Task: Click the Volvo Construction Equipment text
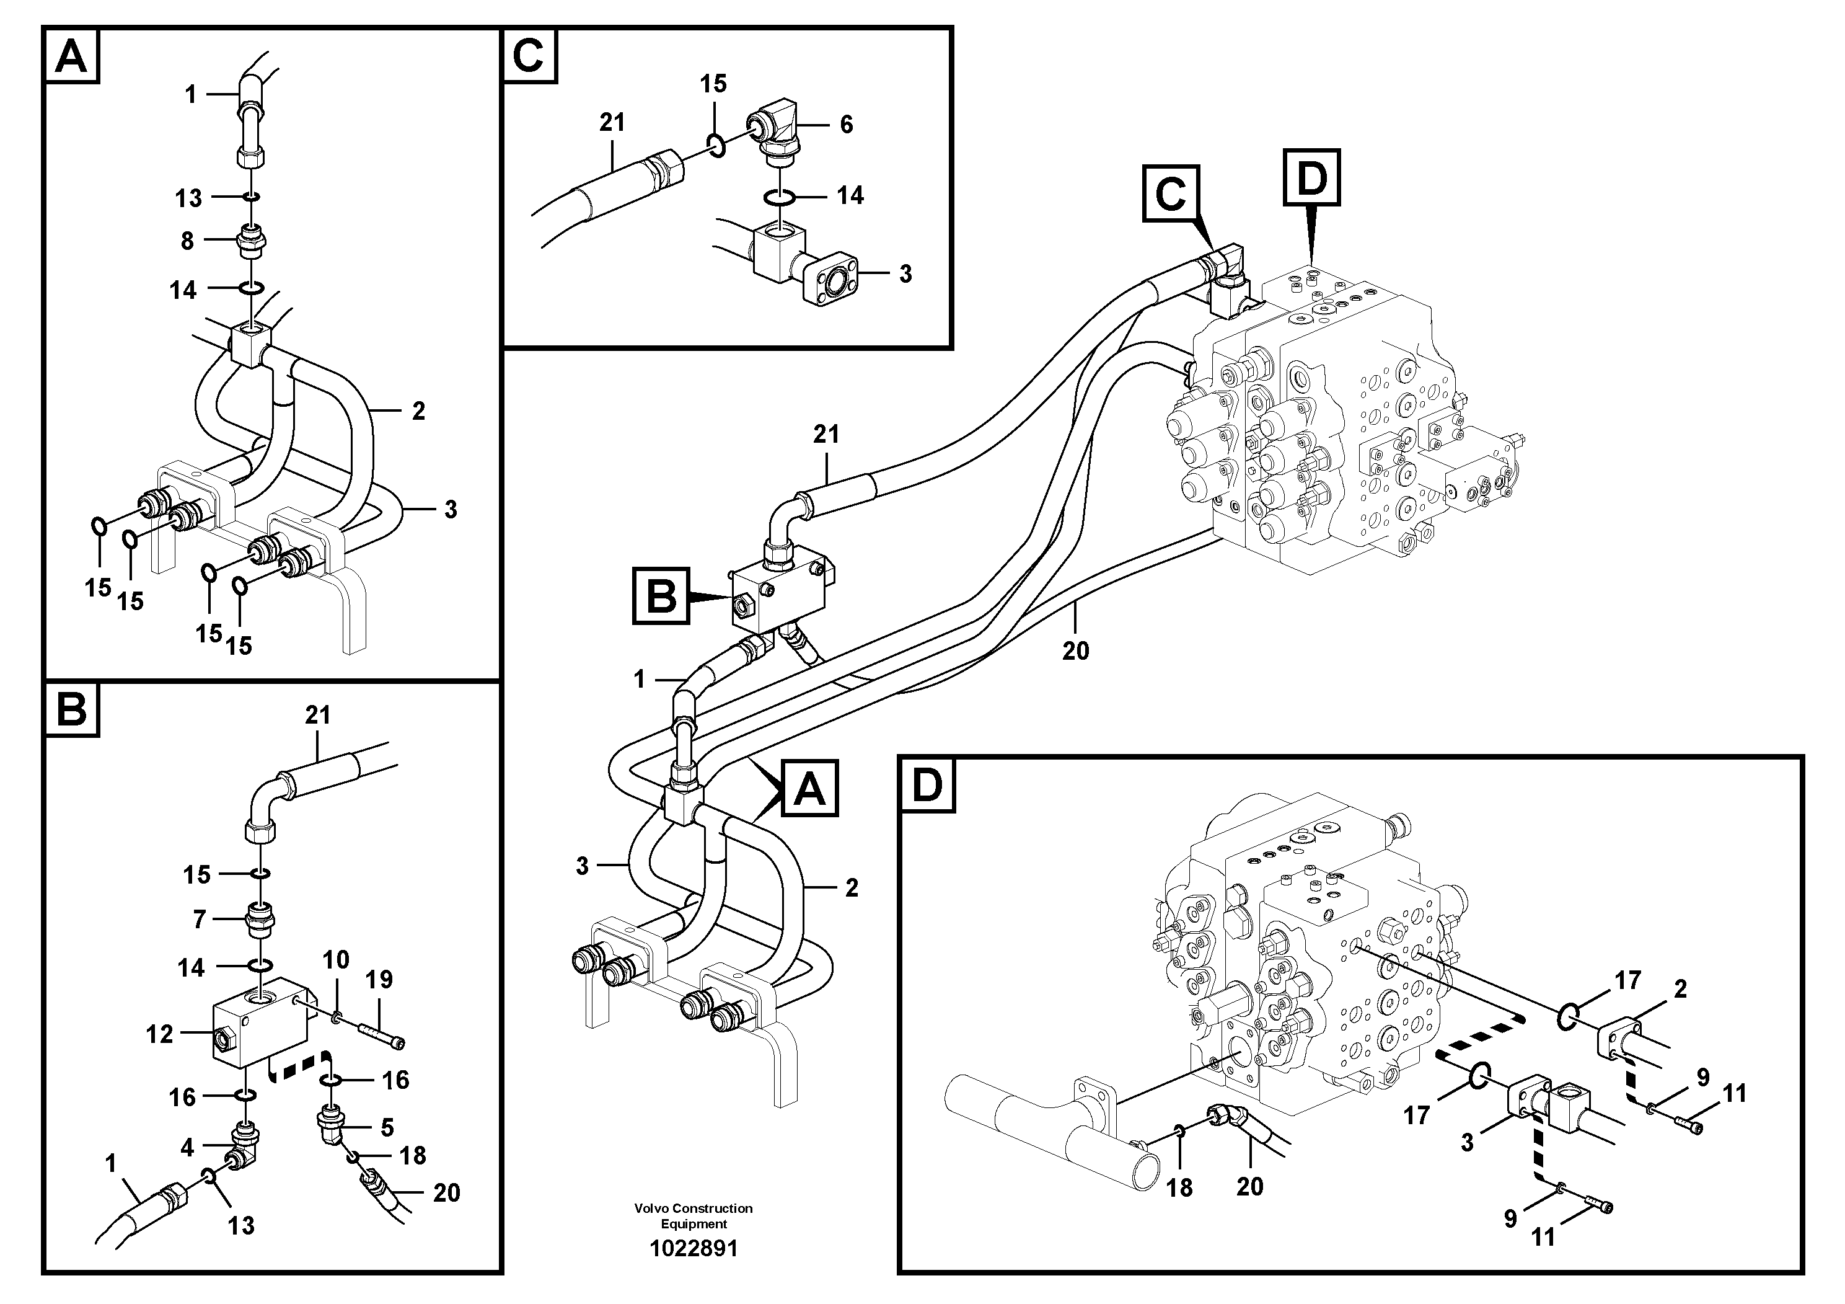[694, 1215]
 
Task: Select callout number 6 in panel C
[846, 124]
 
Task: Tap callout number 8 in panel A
[187, 241]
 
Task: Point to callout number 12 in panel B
[159, 1034]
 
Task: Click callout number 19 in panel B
[379, 979]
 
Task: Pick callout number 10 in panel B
[336, 959]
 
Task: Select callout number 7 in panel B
[200, 920]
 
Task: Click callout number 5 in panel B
[387, 1127]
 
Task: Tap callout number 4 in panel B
[187, 1147]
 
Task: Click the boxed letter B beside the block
[661, 597]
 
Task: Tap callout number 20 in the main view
[1075, 650]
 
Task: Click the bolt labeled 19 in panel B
[383, 1034]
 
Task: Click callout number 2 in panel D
[1680, 989]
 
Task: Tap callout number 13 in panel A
[189, 198]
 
